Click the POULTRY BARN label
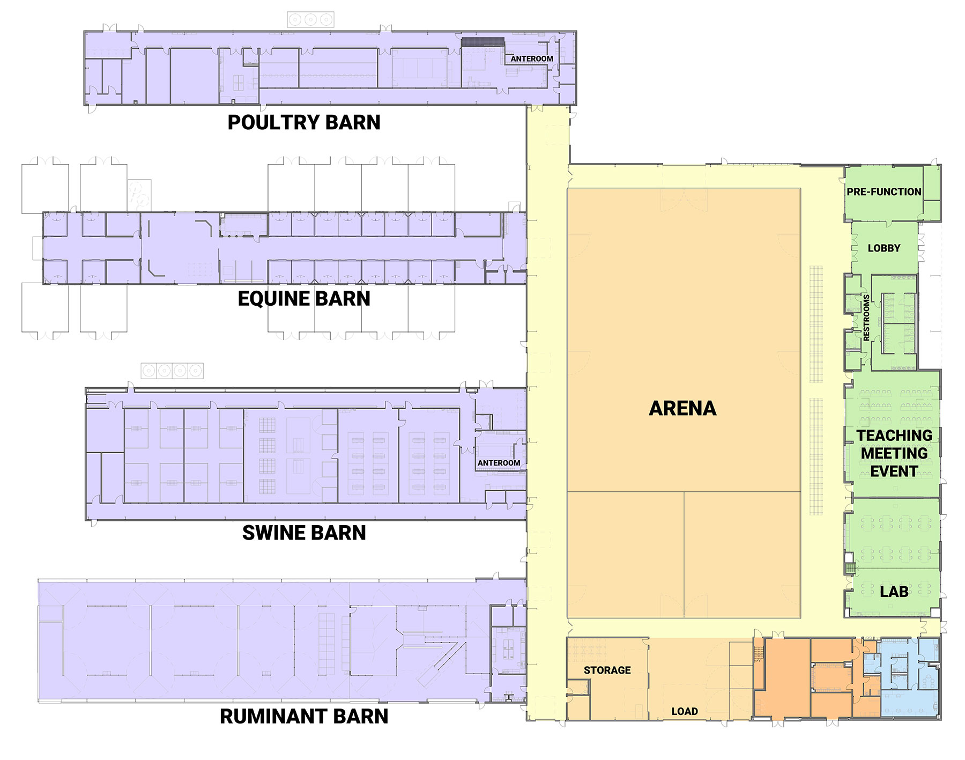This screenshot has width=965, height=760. click(304, 122)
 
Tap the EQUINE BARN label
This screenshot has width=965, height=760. click(304, 299)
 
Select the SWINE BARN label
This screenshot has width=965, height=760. click(304, 533)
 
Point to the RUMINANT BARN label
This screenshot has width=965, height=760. click(304, 717)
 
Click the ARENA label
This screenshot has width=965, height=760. click(682, 408)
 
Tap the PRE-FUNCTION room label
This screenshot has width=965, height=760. click(884, 191)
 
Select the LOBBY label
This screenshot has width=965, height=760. click(884, 248)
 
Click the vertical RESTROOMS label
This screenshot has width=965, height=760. click(866, 318)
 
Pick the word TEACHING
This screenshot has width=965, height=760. click(894, 435)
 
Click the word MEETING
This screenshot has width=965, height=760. click(894, 453)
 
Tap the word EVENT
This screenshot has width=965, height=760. click(894, 471)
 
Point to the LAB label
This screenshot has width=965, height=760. click(894, 592)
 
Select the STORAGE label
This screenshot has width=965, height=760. click(607, 670)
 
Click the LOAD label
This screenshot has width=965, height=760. click(685, 711)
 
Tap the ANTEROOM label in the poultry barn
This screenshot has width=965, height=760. click(531, 58)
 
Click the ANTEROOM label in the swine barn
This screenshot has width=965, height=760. click(499, 463)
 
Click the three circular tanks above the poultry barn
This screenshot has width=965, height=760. click(310, 20)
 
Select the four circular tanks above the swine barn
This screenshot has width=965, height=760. click(172, 371)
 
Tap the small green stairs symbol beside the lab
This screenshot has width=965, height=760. click(849, 569)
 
